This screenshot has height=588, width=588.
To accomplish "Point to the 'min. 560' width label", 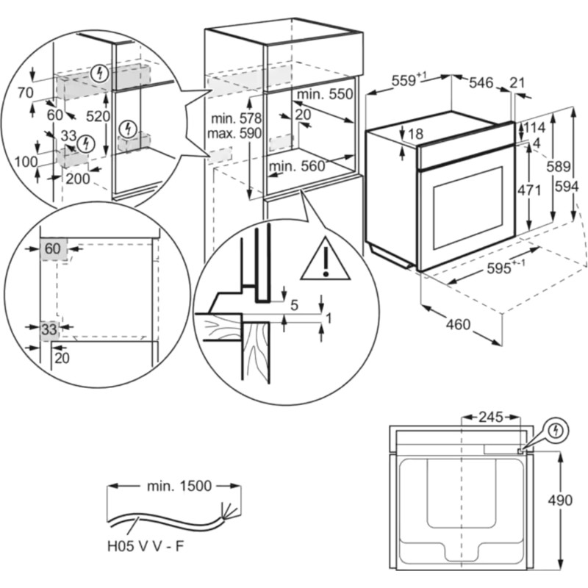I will click(296, 166).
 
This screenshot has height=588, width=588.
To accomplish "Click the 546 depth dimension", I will click(481, 83).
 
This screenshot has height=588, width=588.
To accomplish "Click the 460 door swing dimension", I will click(458, 325).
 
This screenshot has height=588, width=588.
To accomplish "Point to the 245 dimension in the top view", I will click(490, 417).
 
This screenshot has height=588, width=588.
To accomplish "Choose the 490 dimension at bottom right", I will click(559, 501).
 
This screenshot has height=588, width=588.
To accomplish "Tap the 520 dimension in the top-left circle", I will click(98, 116).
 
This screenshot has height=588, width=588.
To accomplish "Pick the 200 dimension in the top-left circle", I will click(77, 178).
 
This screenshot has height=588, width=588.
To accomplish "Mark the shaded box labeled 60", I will click(53, 249).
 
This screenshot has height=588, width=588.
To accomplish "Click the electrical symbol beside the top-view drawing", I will click(556, 429).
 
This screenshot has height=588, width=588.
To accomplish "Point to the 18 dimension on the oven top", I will click(415, 135).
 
